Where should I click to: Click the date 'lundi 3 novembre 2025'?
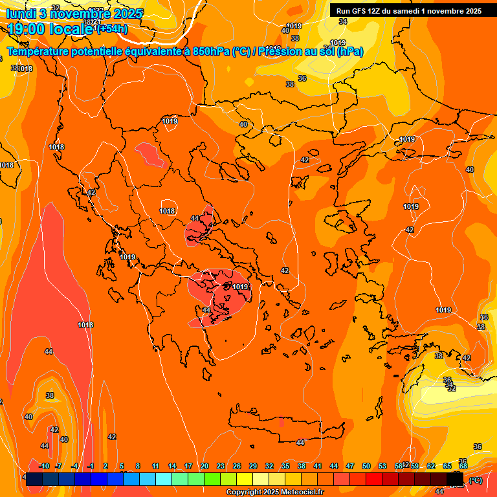(74, 14)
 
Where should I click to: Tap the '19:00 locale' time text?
(50, 30)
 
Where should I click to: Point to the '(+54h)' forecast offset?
(111, 29)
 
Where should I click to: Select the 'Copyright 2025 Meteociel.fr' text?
(274, 492)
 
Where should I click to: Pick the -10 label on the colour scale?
(44, 467)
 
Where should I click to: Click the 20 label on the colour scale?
(204, 467)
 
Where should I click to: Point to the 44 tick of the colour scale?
(334, 467)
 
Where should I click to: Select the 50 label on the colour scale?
(366, 467)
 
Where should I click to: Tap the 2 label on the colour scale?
(106, 467)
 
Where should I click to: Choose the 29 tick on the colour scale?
(252, 467)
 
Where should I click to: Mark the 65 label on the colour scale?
(447, 467)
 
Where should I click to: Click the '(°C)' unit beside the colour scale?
(476, 480)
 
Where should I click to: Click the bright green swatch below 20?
(212, 480)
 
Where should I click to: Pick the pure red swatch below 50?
(373, 480)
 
